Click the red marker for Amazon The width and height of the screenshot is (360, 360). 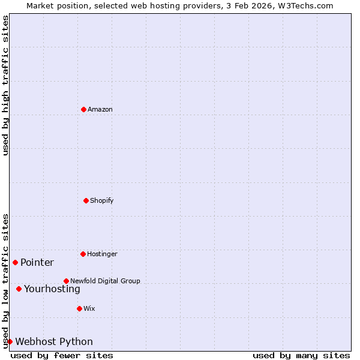click(83, 109)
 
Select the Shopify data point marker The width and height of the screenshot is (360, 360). click(86, 200)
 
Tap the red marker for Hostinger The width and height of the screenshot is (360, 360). click(83, 254)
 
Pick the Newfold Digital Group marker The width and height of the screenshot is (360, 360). click(66, 281)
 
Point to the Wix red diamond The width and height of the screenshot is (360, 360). click(79, 308)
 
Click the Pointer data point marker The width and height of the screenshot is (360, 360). click(15, 262)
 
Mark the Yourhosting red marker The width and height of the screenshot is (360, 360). click(19, 289)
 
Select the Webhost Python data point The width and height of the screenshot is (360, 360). click(10, 341)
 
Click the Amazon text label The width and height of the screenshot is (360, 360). click(100, 109)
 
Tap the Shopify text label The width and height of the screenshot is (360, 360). click(102, 200)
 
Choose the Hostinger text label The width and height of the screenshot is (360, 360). click(102, 254)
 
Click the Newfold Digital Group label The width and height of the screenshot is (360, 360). click(105, 281)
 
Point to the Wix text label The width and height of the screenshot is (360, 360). click(89, 308)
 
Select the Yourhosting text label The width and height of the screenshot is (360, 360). click(52, 289)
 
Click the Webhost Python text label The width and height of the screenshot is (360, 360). click(54, 341)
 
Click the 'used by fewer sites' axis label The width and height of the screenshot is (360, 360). click(62, 355)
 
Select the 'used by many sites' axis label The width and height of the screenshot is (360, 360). click(301, 355)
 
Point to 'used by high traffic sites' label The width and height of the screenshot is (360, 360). click(5, 85)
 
